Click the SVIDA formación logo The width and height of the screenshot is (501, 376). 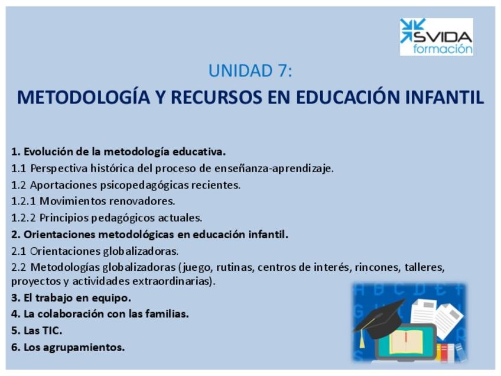(437, 37)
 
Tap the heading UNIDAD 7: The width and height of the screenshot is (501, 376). (250, 71)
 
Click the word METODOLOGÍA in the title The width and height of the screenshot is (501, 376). (83, 97)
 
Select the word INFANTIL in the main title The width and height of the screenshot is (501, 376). (444, 97)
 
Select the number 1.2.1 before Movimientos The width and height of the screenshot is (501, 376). (23, 201)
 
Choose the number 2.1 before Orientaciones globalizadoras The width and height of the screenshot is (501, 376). (18, 251)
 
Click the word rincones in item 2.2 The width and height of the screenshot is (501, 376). (378, 267)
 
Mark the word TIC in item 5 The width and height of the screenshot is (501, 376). (51, 330)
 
